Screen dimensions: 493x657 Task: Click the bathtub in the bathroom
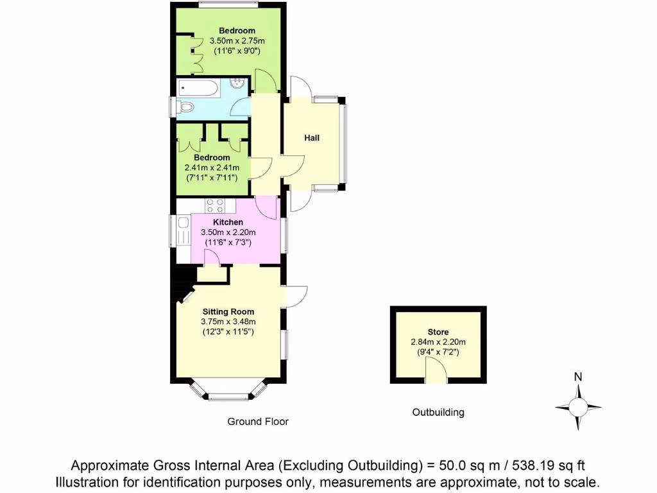click(199, 87)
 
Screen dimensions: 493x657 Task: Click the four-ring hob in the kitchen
click(215, 206)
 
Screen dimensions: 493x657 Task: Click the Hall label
click(312, 138)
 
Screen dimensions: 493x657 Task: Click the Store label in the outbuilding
click(438, 332)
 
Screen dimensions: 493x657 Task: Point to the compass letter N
click(578, 377)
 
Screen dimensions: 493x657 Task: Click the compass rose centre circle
click(578, 407)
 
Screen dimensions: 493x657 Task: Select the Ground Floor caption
click(258, 422)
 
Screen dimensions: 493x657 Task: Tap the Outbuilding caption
click(438, 412)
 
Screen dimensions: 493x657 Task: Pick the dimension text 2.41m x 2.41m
click(212, 168)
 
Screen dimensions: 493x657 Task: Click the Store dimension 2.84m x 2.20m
click(438, 342)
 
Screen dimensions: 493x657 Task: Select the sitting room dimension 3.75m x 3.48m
click(228, 322)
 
